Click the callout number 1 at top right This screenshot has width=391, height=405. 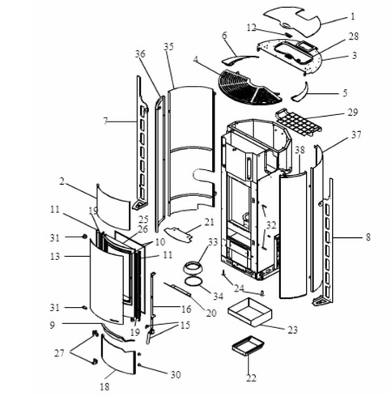point(352,17)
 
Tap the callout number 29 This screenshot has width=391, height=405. point(352,113)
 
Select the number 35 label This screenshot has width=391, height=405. point(168,46)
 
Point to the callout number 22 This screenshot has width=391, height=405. point(251,378)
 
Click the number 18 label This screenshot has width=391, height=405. point(104,387)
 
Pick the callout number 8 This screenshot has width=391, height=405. point(368,237)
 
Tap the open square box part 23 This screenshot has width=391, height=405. point(250,312)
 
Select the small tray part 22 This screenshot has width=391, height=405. point(248,345)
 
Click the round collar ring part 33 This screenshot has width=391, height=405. point(192,269)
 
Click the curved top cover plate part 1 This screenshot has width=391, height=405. point(291,23)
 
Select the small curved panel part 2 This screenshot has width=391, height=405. point(113,207)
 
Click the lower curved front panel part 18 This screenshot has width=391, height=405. point(118,354)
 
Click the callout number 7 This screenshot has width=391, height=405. point(105,121)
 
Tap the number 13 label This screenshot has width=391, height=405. point(55,256)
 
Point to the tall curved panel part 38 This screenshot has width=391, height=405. point(293,235)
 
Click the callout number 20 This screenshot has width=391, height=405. point(211,313)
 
